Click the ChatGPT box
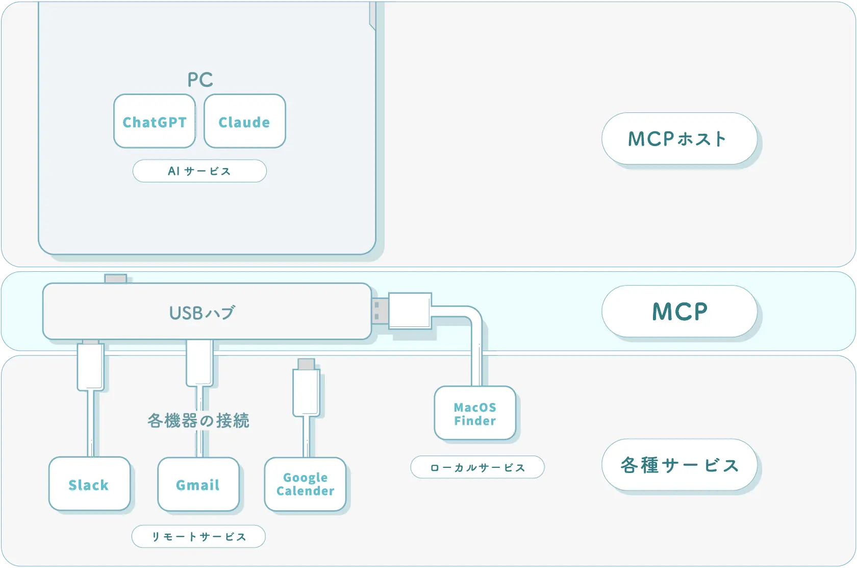tap(155, 122)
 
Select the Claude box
tap(245, 122)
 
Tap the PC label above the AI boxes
tap(200, 80)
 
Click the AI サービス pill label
tap(199, 171)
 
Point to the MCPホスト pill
tap(679, 138)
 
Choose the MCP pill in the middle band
tap(679, 312)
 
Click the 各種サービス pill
tap(679, 465)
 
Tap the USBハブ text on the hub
tap(202, 313)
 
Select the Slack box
tap(89, 484)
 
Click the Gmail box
tap(198, 484)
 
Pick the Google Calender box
tap(305, 484)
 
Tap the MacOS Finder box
tap(475, 413)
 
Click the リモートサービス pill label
tap(198, 536)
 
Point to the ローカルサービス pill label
tap(477, 467)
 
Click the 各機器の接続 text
tap(198, 420)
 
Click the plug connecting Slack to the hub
tap(91, 367)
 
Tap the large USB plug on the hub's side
tap(409, 310)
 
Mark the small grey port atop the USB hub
tap(116, 279)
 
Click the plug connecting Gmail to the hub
tap(199, 363)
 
